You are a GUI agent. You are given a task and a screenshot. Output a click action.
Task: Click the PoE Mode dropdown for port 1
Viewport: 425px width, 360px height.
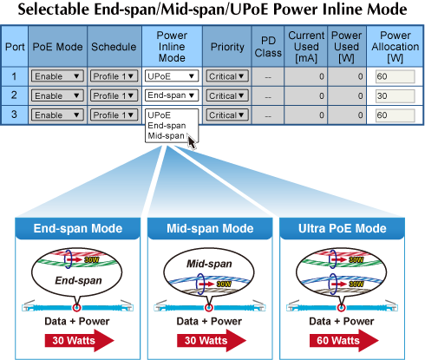pos(57,76)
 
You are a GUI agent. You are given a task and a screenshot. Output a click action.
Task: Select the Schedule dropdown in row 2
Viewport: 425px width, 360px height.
pos(114,95)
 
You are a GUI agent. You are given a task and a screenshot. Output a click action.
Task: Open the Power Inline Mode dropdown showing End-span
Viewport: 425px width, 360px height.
pos(172,95)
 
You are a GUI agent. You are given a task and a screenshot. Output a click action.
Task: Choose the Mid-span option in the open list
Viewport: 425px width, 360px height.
pos(166,135)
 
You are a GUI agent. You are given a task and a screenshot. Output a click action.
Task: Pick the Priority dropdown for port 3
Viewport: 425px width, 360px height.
pos(227,115)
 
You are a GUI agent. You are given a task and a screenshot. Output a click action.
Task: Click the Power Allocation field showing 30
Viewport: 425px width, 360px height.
pos(396,96)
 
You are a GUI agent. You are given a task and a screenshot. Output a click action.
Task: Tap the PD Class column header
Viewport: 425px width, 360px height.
pos(268,47)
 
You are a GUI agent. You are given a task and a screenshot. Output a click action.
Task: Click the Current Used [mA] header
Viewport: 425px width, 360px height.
pos(306,47)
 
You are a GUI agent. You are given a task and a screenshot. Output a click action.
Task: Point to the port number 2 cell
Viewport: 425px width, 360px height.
pos(14,95)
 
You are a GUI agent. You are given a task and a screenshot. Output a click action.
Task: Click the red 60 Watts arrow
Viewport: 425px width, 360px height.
pos(343,340)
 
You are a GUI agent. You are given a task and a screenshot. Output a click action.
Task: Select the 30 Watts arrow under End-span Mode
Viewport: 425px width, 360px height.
pos(79,340)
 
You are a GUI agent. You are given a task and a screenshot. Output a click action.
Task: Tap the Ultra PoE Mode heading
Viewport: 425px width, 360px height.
pos(343,228)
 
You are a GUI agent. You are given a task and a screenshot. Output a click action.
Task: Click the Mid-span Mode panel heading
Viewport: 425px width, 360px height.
pos(210,228)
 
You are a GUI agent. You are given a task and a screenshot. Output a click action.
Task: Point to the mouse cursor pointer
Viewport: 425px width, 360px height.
pos(192,142)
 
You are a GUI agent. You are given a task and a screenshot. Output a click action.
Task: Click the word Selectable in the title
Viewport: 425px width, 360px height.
pos(54,10)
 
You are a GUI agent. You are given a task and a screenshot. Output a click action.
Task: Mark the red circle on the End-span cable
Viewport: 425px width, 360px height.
pos(76,307)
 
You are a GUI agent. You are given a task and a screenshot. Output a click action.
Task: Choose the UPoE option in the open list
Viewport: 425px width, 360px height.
pos(160,115)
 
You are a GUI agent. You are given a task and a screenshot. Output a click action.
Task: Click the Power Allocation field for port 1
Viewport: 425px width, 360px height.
pos(396,76)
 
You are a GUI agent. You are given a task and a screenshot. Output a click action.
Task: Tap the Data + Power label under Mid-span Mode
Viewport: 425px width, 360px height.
pos(209,321)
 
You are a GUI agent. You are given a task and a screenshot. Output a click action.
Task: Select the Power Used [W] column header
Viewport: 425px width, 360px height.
pos(346,47)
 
